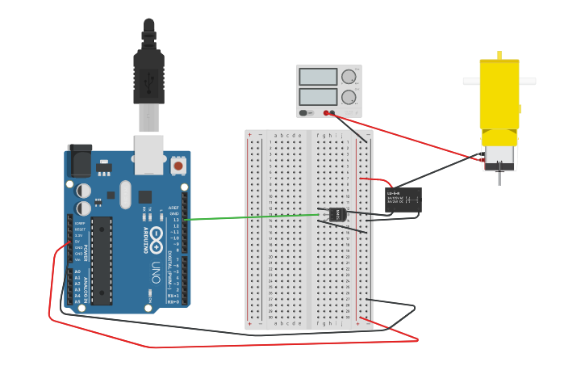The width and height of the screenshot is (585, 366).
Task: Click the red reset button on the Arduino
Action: [x=178, y=166]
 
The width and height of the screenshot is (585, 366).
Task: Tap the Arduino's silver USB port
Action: [x=148, y=154]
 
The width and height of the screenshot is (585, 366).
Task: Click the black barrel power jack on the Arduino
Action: [x=79, y=160]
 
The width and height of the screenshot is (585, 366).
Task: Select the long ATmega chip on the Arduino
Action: [x=101, y=260]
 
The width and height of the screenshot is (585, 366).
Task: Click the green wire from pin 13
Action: [x=250, y=217]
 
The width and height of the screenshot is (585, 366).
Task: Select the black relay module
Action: [x=403, y=200]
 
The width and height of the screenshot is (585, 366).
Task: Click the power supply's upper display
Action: [x=318, y=77]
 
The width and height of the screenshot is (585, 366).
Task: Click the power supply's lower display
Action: [x=318, y=97]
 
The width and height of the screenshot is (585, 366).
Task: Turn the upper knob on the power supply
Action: [x=349, y=77]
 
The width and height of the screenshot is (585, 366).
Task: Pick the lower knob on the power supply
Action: [x=349, y=97]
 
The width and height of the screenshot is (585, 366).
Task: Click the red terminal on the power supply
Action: [x=325, y=113]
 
